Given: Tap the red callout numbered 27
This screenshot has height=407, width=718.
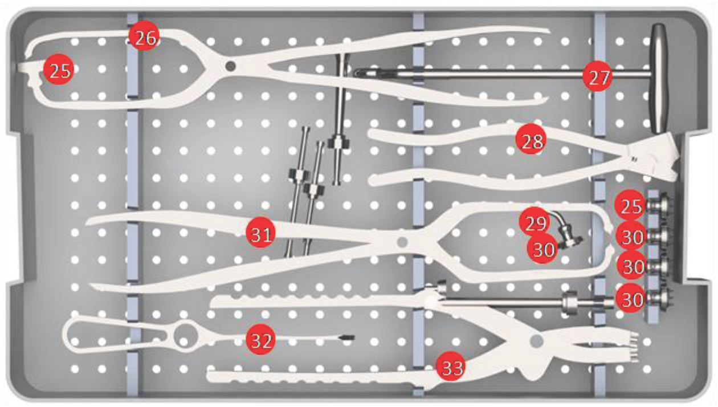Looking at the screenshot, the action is pos(597,76).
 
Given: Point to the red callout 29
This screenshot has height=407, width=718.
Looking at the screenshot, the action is pos(535,222).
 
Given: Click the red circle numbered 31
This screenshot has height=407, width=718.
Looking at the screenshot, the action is pos(260,233).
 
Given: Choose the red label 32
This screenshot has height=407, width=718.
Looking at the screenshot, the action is pos(260,339).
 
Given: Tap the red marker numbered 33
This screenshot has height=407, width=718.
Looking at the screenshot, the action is pos(451,367).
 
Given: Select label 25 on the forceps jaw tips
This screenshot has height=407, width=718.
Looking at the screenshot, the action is pos(58,70).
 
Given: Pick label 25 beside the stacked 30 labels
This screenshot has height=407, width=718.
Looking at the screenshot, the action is pos(630,205).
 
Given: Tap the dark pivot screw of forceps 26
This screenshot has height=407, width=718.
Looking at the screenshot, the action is pos(230,66).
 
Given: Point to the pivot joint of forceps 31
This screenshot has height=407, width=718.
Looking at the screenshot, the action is pos(402,242).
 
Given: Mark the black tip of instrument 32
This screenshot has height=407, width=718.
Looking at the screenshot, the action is pos(347,337).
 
